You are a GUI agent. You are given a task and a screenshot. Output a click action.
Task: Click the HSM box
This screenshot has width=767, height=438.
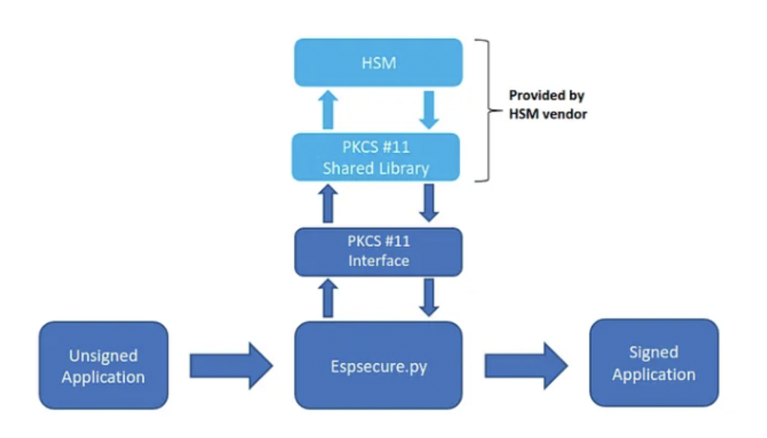(x=378, y=63)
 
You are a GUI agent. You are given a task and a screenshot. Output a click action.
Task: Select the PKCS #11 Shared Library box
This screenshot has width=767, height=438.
(x=376, y=157)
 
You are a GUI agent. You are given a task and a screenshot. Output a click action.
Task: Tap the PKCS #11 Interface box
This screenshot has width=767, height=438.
(x=378, y=252)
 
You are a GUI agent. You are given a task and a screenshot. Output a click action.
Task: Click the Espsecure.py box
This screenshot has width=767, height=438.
(x=378, y=365)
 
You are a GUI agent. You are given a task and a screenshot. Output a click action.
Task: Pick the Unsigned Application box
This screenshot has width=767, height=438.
(x=104, y=365)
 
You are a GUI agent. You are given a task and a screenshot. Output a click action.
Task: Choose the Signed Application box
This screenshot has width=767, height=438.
(x=654, y=363)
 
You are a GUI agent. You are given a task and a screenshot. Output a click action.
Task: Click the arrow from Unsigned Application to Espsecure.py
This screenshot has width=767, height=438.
(x=231, y=365)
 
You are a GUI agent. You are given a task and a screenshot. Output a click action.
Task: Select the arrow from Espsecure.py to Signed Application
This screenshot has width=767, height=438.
(x=526, y=365)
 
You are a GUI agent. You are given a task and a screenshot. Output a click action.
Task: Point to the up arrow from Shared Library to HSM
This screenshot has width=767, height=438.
(x=328, y=110)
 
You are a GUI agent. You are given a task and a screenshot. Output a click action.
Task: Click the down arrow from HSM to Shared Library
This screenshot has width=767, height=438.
(x=429, y=110)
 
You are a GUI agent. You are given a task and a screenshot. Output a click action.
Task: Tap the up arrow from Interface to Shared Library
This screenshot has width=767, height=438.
(x=328, y=204)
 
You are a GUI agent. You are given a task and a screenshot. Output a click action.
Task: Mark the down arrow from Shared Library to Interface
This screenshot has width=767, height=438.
(x=429, y=203)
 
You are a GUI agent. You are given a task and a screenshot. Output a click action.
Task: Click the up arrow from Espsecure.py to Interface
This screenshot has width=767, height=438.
(x=328, y=298)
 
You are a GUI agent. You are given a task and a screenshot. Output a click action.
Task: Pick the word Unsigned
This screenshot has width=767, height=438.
(x=103, y=356)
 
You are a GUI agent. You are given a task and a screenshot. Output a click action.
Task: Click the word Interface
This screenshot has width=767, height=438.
(x=379, y=261)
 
